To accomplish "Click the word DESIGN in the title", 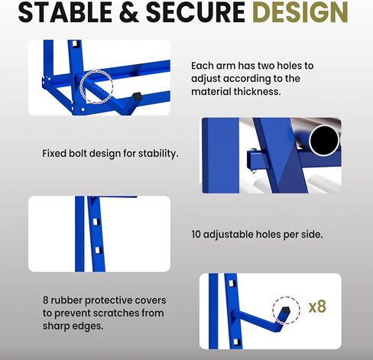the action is coord(301,12).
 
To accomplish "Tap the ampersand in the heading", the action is coord(129,12).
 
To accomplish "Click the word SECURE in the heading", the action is coord(196,12).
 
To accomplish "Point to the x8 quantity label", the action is coord(317,306).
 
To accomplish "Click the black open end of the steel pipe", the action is coord(325,141).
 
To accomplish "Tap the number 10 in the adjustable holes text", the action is coord(196,235).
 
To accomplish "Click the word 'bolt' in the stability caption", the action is coord(79,154).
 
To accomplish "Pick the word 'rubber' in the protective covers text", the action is coord(66,300).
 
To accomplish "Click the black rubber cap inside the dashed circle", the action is coord(285,310).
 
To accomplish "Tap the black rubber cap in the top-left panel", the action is coord(137,96).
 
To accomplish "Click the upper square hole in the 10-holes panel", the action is coord(96,222).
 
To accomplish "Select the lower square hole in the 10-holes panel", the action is coord(98,250).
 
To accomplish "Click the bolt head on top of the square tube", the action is coord(252,149).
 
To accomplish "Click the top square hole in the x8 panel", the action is coord(232,284).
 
